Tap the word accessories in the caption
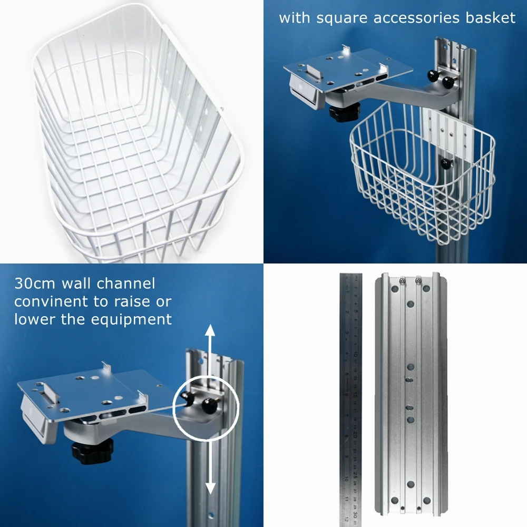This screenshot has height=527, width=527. [415, 18]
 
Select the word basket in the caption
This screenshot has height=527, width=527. [490, 18]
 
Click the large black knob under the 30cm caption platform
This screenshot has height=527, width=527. [91, 451]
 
